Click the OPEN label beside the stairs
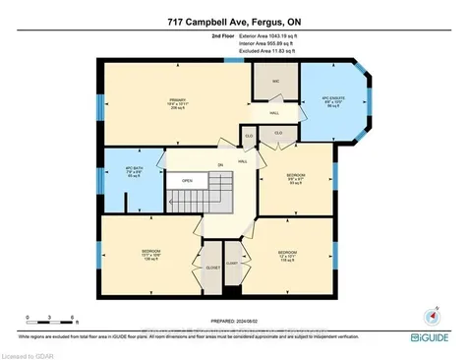(x=187, y=181)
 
